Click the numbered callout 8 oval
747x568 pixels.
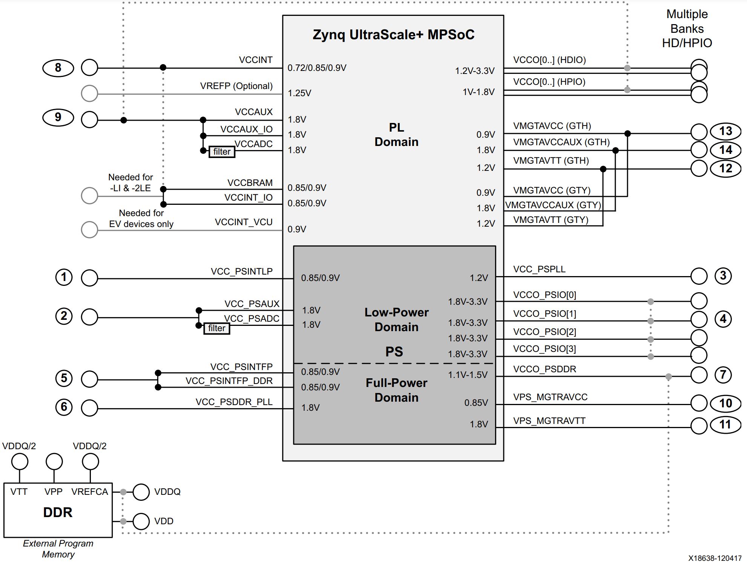coord(58,68)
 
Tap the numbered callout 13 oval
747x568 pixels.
coord(726,131)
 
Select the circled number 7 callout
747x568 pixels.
coord(723,375)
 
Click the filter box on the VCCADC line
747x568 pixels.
coord(222,152)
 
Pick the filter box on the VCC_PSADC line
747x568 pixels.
coord(216,328)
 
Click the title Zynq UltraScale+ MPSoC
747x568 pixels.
coord(393,35)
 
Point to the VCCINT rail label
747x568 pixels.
coord(256,60)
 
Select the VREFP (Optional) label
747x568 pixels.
coord(236,86)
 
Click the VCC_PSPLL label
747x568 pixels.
coord(539,269)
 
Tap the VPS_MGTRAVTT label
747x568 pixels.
coord(549,421)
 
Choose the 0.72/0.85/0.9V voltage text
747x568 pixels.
coord(317,68)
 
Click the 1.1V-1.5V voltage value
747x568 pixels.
coord(468,375)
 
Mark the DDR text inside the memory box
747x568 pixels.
coord(58,512)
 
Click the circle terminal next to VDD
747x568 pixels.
coord(141,521)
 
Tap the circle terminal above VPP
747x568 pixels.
coord(54,462)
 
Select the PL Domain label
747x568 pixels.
coord(396,135)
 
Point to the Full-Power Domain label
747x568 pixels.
coord(396,390)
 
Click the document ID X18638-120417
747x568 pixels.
coord(715,558)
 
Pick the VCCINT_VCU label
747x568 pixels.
coord(244,222)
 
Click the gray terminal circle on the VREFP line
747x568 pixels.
coord(89,93)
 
